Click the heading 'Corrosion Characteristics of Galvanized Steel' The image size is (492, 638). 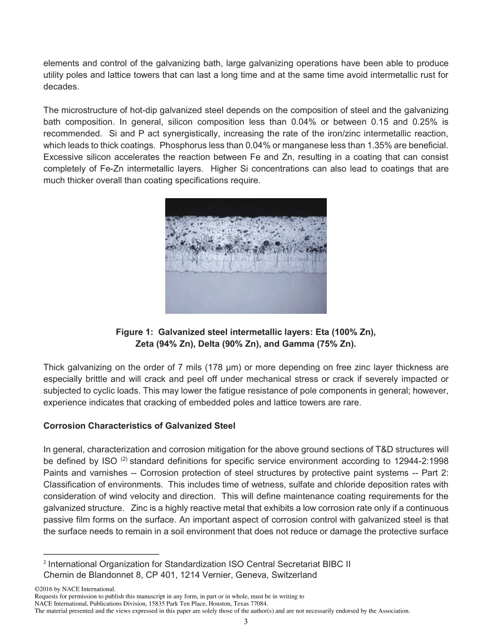(139, 426)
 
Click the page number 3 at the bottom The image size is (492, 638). (246, 621)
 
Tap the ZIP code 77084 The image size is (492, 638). (259, 604)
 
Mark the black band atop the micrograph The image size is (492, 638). (245, 207)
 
